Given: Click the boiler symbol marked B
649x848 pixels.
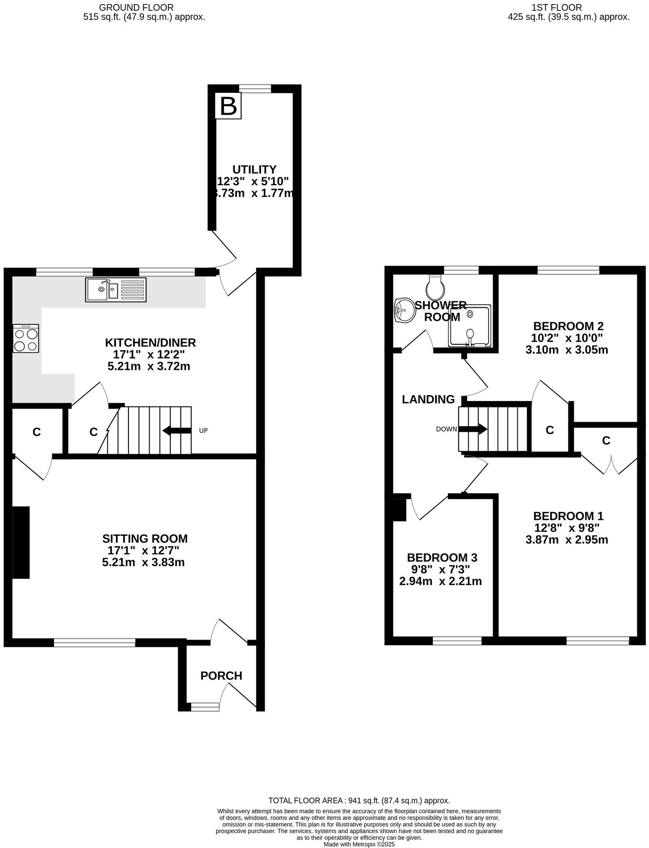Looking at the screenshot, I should tap(228, 106).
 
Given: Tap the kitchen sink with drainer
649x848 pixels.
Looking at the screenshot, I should tap(116, 290).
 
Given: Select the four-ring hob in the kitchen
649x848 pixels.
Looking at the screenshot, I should tap(26, 338).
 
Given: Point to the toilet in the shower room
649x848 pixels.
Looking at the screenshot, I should tap(436, 289).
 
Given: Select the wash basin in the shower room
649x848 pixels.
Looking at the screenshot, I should tap(404, 310).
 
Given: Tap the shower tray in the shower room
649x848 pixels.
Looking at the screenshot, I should tap(469, 326).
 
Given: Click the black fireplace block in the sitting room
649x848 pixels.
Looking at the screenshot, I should tap(20, 542).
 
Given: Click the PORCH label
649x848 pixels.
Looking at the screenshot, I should tap(221, 676).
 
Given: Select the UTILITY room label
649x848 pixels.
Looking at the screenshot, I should tap(254, 170).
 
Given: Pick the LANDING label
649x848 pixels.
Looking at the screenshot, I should tap(428, 399).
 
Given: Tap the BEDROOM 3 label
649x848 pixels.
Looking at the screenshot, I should tap(442, 558).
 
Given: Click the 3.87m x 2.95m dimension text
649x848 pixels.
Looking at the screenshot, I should tap(567, 539).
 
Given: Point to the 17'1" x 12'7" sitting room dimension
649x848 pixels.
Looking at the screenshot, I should tap(143, 550).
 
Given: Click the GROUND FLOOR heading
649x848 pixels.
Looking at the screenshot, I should tap(136, 7).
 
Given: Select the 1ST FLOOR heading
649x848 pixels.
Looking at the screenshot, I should tap(557, 7).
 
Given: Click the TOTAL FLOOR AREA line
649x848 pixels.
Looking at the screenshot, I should tap(359, 801).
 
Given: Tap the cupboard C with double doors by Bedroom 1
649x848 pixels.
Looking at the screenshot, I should tap(606, 441).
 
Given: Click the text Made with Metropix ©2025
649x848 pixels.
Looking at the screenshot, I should tap(359, 844).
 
